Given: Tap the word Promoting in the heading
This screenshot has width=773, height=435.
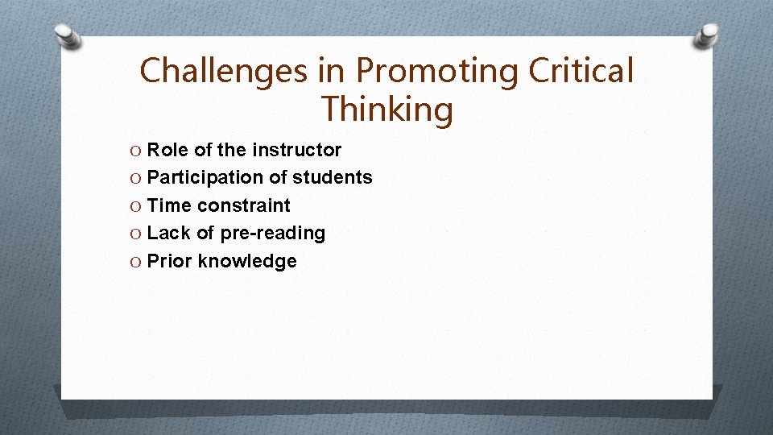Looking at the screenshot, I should tap(437, 71).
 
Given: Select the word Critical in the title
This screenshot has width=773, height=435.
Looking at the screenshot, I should tap(581, 71).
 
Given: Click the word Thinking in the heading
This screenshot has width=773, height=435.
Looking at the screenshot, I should tap(386, 109).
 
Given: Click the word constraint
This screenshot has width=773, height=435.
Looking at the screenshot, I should tap(244, 205).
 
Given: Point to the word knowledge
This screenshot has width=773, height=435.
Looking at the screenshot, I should tap(247, 261).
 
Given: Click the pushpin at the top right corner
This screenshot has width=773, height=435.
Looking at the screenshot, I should tap(708, 35).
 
